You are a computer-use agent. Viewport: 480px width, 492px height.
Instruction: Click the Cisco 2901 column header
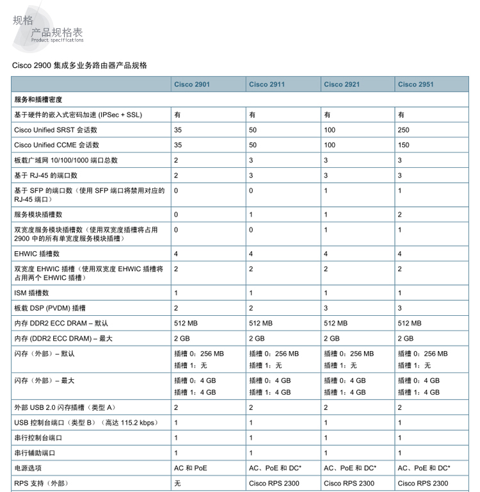192,85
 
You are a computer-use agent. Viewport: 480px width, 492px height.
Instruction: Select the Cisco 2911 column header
267,85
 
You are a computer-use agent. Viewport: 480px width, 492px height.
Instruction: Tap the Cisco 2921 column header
342,85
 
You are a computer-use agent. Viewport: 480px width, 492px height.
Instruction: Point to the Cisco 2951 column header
416,85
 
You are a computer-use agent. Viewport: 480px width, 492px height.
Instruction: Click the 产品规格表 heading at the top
57,33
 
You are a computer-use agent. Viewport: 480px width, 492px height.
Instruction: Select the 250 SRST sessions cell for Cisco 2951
403,130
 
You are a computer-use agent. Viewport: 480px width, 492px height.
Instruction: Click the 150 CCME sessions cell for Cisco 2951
403,145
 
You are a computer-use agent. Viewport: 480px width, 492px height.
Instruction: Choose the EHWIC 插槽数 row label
36,254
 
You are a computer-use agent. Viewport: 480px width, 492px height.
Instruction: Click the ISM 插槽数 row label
31,293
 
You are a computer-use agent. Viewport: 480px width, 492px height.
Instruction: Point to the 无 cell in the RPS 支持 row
177,483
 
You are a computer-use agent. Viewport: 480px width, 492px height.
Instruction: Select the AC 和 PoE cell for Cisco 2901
191,468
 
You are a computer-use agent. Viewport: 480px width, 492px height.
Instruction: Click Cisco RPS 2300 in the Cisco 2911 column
275,483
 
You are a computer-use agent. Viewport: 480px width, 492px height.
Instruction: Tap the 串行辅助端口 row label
35,453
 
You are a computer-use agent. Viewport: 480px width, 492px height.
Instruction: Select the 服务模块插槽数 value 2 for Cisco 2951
400,215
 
